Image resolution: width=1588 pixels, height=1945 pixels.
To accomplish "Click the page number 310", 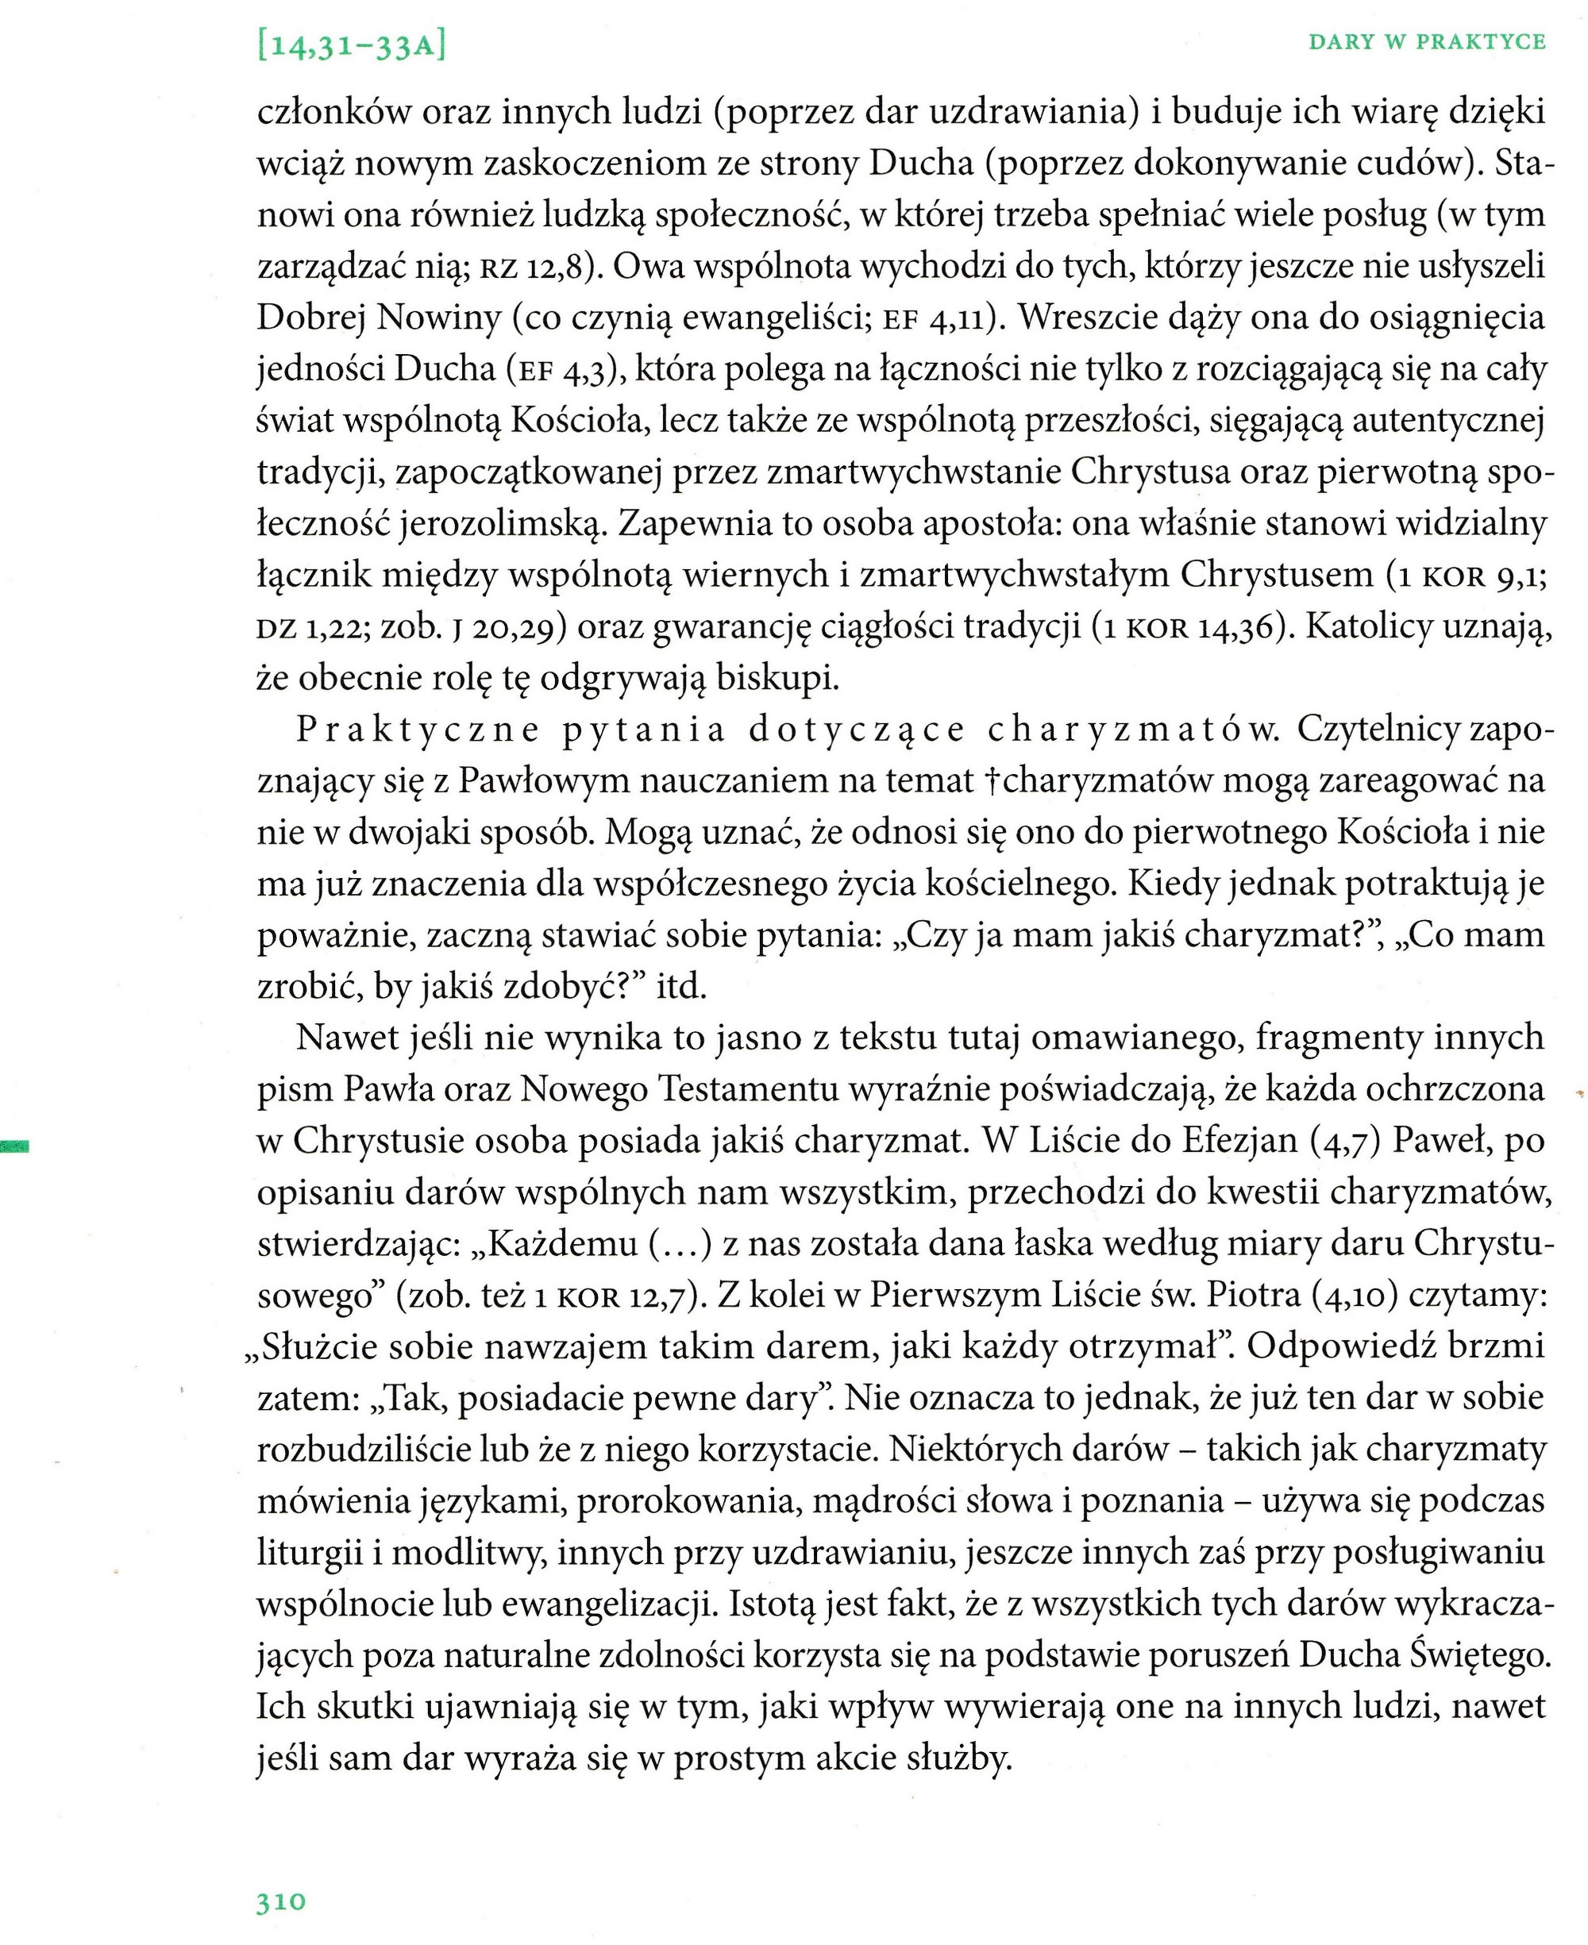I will [281, 1902].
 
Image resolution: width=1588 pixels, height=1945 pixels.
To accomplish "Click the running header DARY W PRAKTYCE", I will [1427, 42].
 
